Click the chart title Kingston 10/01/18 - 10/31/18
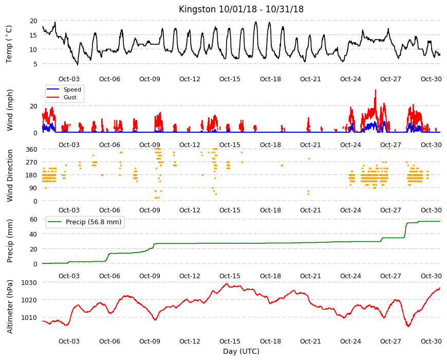[x=241, y=9]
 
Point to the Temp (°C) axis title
[x=9, y=44]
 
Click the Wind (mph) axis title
[x=10, y=110]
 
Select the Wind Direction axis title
[x=10, y=175]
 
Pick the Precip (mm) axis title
[x=10, y=241]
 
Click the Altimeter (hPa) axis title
[x=10, y=307]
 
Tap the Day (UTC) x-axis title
[x=241, y=351]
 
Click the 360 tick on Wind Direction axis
[x=32, y=149]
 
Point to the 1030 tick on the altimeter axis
[x=29, y=282]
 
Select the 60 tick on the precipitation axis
[x=33, y=219]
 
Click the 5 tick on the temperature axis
[x=35, y=64]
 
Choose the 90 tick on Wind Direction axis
[x=33, y=188]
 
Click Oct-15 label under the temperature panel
[x=230, y=79]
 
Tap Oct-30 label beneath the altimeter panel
[x=431, y=341]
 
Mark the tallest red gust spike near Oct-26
[x=376, y=91]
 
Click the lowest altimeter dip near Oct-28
[x=408, y=326]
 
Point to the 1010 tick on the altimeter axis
[x=29, y=317]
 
